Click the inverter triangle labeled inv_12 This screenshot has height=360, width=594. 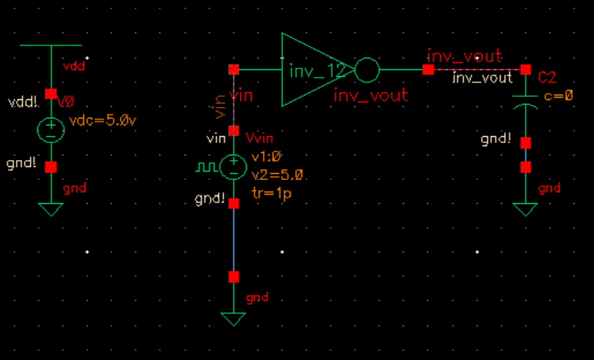[x=312, y=70]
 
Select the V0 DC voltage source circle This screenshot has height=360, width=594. [x=51, y=129]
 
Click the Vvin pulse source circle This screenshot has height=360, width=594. [x=233, y=167]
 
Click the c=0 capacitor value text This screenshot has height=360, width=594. [x=559, y=95]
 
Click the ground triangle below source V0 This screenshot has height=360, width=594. [x=51, y=208]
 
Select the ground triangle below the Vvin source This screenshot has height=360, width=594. [x=233, y=318]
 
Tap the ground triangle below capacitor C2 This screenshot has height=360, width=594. [x=526, y=209]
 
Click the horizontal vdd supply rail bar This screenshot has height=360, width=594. [x=51, y=45]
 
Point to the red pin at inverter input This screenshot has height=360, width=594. [x=233, y=70]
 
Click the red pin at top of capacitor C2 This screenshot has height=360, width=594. [x=526, y=70]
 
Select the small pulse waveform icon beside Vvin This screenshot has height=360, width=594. [x=205, y=166]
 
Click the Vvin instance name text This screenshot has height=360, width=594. [x=259, y=138]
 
